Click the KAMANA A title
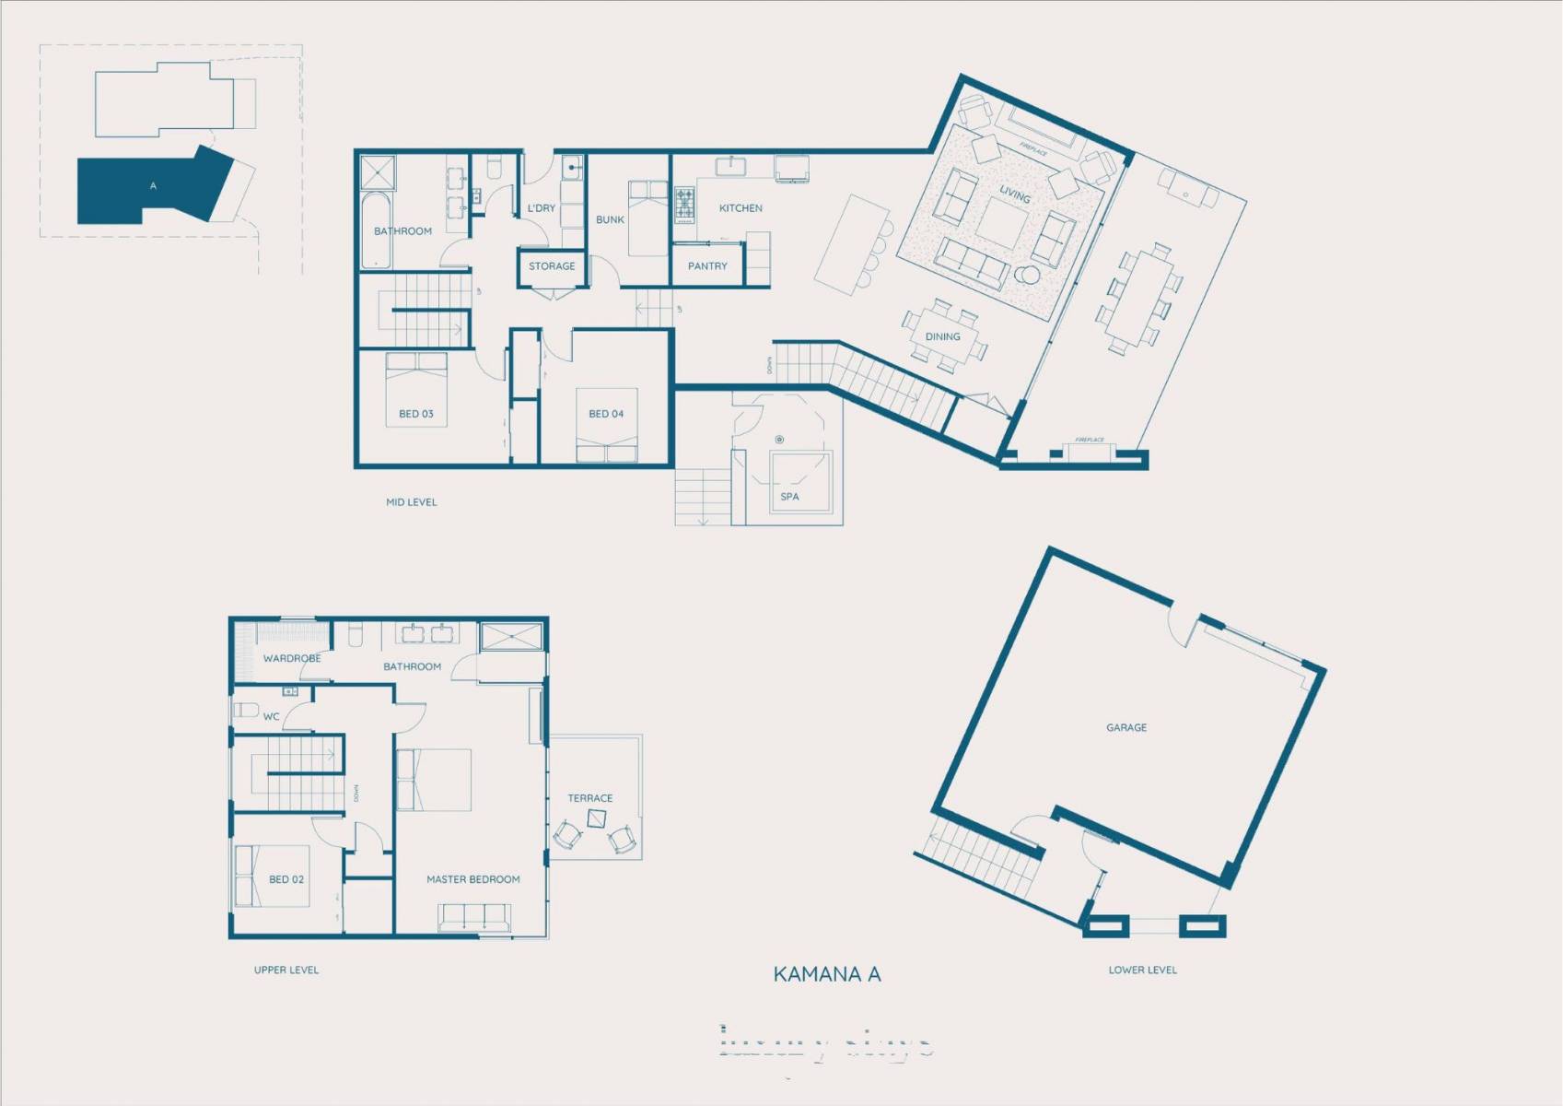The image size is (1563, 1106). [x=826, y=974]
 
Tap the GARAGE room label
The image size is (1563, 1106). [x=1126, y=727]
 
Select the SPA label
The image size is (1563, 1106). [x=789, y=496]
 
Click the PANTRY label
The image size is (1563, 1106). [x=707, y=265]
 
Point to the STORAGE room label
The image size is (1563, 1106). [x=552, y=265]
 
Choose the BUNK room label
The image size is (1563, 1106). [x=610, y=219]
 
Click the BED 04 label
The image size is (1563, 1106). [x=606, y=414]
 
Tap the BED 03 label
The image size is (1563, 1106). [x=415, y=414]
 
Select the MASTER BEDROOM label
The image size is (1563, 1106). [x=472, y=879]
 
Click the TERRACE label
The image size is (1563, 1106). [x=589, y=798]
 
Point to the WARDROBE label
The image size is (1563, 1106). [x=292, y=658]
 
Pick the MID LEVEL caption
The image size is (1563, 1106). [x=411, y=502]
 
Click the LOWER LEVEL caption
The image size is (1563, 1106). [x=1142, y=970]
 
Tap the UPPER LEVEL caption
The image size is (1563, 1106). [x=286, y=970]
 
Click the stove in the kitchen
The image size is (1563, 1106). [x=684, y=205]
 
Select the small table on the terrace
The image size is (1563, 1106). [x=597, y=818]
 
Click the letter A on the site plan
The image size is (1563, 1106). [x=153, y=186]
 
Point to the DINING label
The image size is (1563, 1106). [x=942, y=336]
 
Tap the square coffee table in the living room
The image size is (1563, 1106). [x=1002, y=222]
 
